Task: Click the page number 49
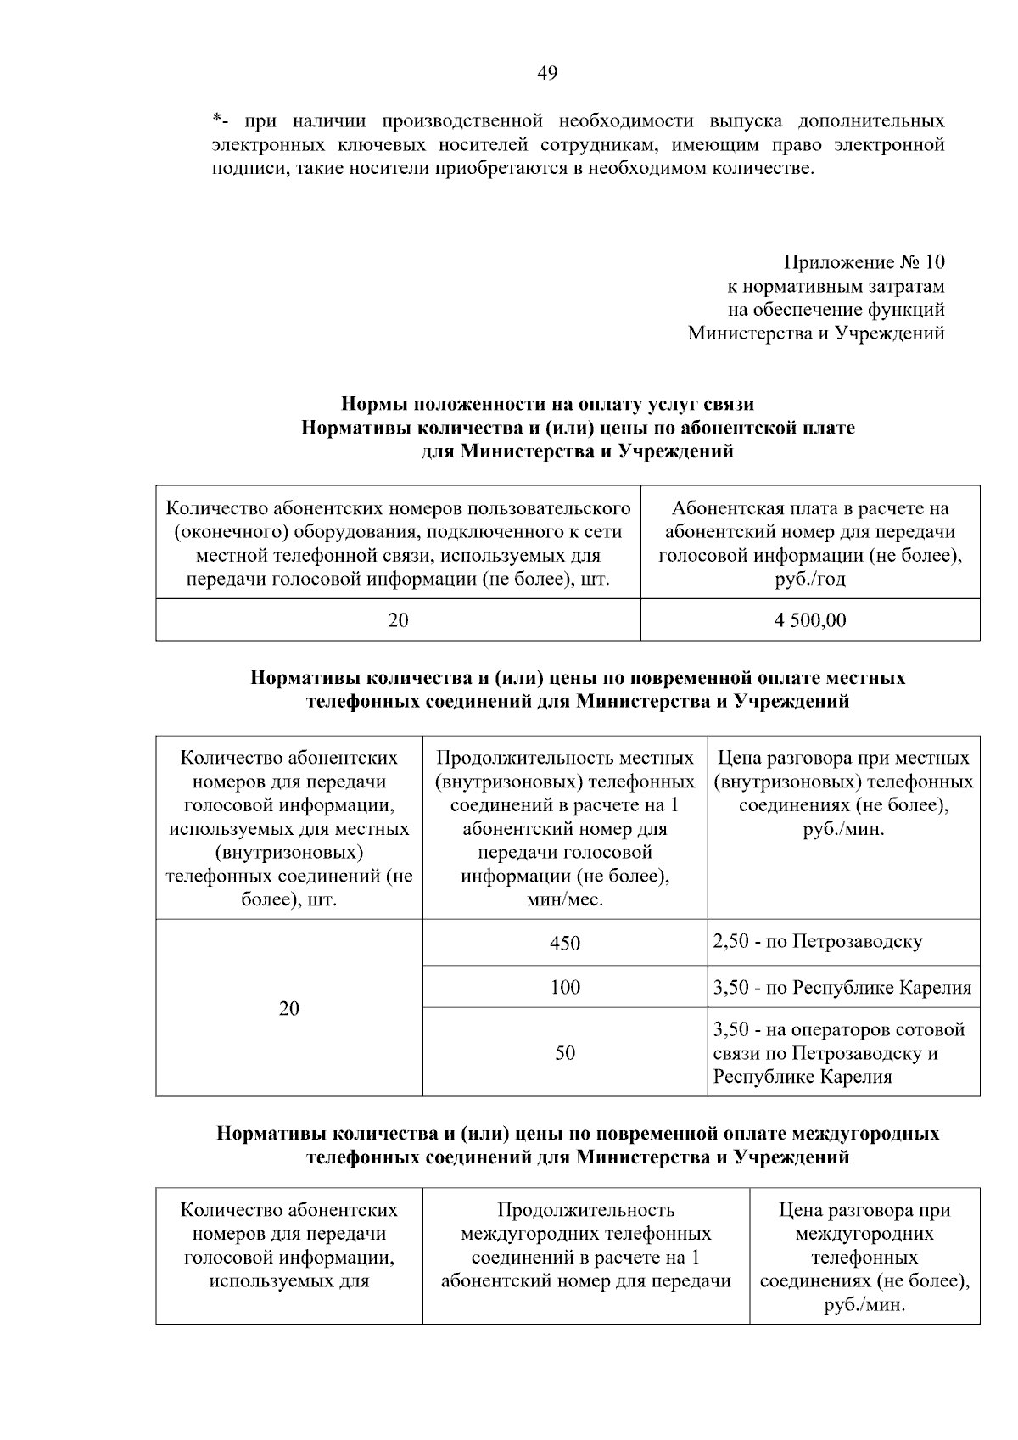coord(547,74)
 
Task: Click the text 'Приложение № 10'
coord(864,262)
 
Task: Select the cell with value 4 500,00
coord(809,620)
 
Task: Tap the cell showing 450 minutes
coord(564,943)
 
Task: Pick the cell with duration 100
coord(564,987)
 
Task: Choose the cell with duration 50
coord(564,1052)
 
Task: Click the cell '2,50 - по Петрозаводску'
coord(818,941)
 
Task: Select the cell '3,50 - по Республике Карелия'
coord(842,987)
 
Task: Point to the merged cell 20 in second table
coord(289,1008)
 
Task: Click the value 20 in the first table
coord(398,620)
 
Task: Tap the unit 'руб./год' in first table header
coord(809,580)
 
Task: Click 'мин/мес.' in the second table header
coord(564,899)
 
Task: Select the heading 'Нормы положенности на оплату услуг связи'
coord(547,403)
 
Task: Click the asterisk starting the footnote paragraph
coord(216,120)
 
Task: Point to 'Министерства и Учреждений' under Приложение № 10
coord(815,333)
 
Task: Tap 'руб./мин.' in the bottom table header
coord(864,1305)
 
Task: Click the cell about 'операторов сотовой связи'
coord(838,1053)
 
